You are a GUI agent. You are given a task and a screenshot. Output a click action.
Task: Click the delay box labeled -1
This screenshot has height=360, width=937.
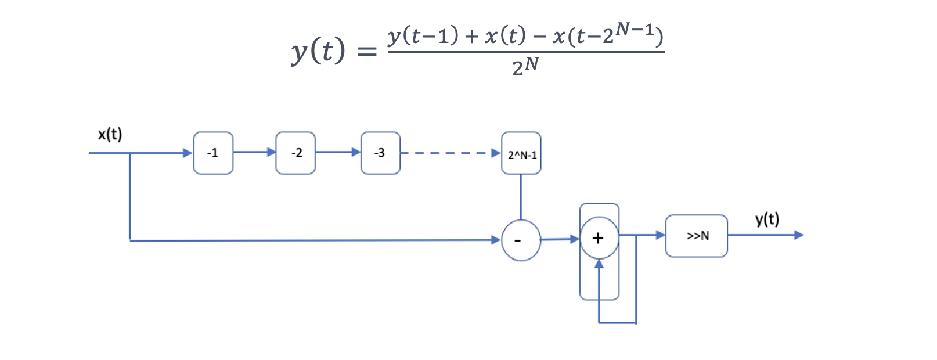[213, 153]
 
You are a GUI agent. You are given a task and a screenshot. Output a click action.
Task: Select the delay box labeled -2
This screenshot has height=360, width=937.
[295, 153]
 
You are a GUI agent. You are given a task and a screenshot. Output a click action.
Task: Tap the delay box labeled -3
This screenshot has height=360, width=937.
[380, 153]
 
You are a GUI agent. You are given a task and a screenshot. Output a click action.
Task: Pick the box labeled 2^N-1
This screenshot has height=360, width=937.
[521, 153]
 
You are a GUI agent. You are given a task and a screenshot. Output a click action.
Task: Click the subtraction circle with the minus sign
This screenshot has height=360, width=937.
[521, 240]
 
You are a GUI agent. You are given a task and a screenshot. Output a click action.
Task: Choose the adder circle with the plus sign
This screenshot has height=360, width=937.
[599, 238]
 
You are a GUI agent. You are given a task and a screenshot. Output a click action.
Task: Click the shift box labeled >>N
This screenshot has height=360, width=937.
[697, 236]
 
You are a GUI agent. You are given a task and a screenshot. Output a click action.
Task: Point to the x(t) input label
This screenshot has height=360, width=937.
[110, 135]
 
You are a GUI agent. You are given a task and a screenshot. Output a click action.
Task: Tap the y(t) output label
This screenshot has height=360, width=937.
[767, 219]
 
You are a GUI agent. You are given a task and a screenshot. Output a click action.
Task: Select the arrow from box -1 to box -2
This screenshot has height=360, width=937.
[254, 152]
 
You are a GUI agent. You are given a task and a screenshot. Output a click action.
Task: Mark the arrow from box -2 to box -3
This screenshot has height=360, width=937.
[338, 152]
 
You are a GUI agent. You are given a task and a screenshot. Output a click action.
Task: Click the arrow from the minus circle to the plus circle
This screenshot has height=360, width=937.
[560, 239]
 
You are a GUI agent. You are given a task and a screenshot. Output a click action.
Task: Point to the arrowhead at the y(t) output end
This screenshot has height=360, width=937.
[799, 235]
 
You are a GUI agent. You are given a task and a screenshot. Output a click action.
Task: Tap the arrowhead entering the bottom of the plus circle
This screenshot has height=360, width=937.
[599, 264]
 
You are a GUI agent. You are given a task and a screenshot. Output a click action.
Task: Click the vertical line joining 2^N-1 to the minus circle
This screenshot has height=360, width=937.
[521, 196]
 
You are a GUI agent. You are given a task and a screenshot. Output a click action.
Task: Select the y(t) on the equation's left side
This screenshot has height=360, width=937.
[318, 51]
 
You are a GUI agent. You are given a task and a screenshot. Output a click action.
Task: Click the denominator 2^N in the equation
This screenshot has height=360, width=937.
[525, 66]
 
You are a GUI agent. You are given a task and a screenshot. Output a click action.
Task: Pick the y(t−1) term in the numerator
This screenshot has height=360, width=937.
[423, 37]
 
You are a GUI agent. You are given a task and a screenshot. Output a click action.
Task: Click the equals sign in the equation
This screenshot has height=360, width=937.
[366, 52]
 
